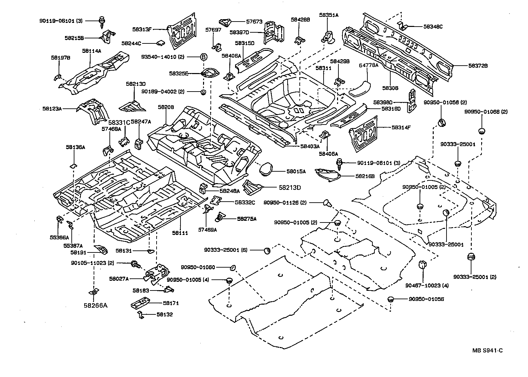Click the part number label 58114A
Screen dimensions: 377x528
92,51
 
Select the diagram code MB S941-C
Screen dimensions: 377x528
487,350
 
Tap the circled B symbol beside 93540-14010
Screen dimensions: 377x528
203,57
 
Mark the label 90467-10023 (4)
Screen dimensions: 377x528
427,285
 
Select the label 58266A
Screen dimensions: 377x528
95,305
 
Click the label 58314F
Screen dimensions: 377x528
402,128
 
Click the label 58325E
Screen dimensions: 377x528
179,73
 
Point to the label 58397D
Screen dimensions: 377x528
239,32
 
